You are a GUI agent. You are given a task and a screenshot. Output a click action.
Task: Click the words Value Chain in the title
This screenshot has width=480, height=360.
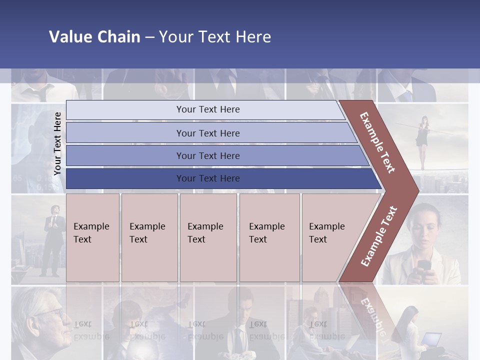click(94, 37)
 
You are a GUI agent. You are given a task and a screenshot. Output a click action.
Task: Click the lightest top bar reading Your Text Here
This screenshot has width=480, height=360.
click(207, 109)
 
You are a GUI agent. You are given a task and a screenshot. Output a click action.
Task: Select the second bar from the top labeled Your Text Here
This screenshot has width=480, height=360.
click(207, 133)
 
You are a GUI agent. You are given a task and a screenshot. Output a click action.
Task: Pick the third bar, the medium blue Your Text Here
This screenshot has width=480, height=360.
click(207, 155)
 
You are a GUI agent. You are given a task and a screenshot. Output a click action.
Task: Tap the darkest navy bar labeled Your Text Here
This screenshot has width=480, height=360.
click(207, 178)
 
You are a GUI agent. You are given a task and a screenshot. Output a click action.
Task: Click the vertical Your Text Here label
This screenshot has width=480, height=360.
click(57, 143)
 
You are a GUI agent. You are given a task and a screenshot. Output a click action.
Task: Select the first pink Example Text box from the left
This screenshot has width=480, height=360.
click(92, 237)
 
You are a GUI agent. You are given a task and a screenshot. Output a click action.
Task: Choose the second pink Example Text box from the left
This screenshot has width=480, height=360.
click(149, 237)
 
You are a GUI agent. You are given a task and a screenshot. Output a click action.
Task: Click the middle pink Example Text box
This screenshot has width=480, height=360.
click(207, 237)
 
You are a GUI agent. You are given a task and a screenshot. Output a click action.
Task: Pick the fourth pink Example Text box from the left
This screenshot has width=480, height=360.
click(269, 237)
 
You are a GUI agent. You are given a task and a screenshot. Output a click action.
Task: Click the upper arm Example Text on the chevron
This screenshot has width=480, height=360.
click(377, 142)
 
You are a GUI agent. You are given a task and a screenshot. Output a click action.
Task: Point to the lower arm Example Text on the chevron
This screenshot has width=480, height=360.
click(379, 236)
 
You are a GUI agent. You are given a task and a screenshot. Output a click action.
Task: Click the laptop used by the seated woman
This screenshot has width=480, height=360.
click(431, 340)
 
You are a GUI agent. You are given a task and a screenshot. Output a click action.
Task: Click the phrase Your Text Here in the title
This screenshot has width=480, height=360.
click(215, 37)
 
